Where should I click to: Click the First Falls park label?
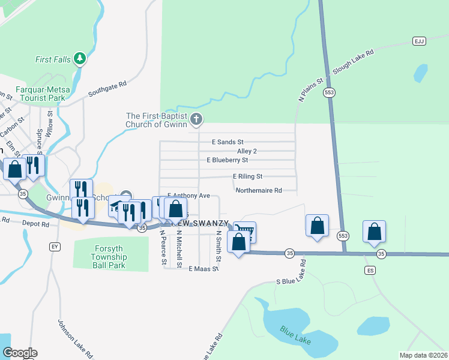coord(52,59)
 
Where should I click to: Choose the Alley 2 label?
coord(247,151)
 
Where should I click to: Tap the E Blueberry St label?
coord(227,160)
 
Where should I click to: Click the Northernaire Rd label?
coord(259,191)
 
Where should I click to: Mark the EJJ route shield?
coord(419,41)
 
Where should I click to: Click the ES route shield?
coord(370,271)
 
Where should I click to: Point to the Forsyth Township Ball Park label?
coord(102,254)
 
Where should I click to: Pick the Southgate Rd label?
coord(107,89)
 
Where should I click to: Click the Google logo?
coord(20,353)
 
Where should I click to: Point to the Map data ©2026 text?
coord(423,355)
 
